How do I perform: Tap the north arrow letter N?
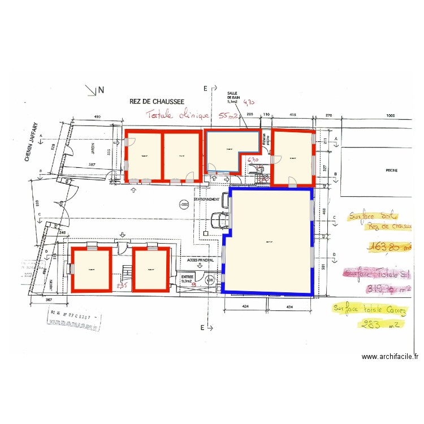click(x=101, y=89)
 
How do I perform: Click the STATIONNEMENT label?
click(x=206, y=200)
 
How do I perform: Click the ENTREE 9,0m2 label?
click(x=188, y=278)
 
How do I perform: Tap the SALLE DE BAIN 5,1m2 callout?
click(x=233, y=98)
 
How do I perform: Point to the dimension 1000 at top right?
click(x=390, y=115)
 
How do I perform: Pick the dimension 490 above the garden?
click(x=97, y=116)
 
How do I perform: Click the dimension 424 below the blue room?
click(x=246, y=307)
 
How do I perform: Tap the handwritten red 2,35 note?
click(x=122, y=286)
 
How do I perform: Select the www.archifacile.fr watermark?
click(x=390, y=357)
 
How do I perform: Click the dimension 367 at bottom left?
click(x=49, y=300)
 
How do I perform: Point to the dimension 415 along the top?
click(x=293, y=115)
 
